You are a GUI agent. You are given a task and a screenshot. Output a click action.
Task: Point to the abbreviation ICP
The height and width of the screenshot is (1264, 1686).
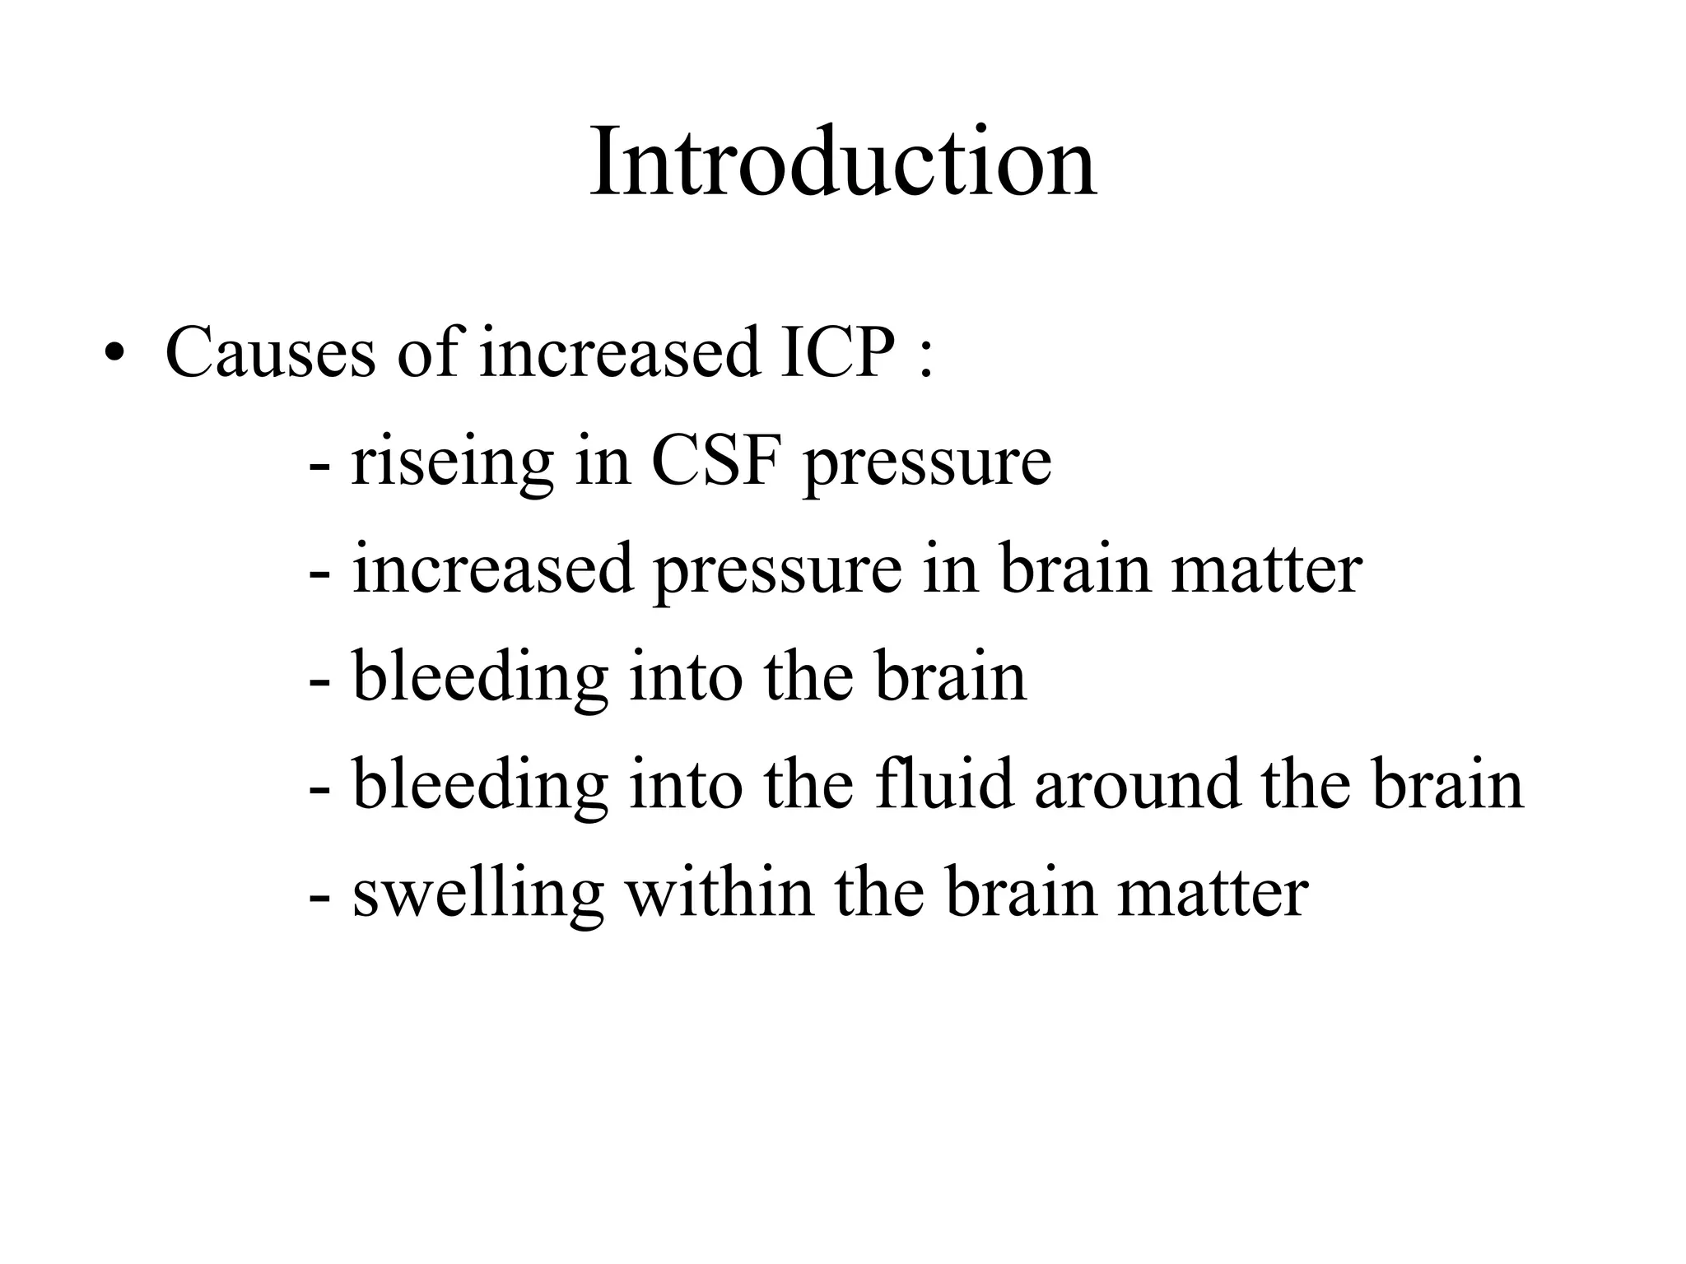pyautogui.click(x=836, y=352)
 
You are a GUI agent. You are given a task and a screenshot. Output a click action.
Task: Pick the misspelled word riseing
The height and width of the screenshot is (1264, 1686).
pyautogui.click(x=452, y=462)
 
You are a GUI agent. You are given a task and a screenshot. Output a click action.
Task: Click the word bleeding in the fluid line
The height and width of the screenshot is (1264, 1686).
pyautogui.click(x=480, y=787)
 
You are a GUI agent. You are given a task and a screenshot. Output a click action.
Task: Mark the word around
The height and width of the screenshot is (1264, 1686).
pyautogui.click(x=1137, y=785)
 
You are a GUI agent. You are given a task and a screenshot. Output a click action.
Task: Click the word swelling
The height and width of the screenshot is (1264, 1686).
pyautogui.click(x=478, y=895)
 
